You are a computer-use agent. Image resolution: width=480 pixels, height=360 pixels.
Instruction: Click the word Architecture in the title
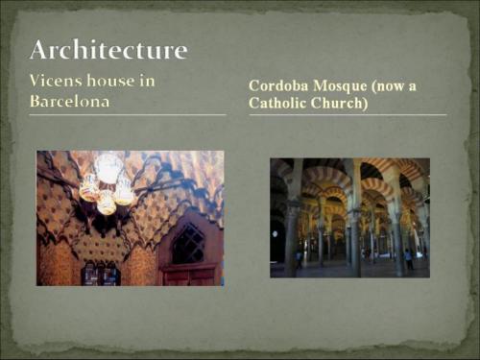point(108,50)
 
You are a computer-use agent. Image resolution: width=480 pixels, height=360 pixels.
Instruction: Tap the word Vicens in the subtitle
point(59,81)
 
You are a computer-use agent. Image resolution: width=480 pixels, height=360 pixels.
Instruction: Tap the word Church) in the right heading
point(341,102)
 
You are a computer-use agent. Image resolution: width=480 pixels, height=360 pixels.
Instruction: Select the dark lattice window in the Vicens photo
point(187,243)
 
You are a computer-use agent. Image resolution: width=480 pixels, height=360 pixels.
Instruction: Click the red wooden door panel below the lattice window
point(190,276)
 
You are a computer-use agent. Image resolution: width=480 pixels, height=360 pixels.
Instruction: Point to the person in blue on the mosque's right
point(409,258)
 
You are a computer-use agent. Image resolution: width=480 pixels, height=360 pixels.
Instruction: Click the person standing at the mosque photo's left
point(299,259)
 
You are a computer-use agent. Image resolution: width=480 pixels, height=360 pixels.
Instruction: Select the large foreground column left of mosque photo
point(291,235)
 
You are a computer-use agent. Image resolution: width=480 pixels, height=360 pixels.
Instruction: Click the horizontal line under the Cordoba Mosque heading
point(348,115)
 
